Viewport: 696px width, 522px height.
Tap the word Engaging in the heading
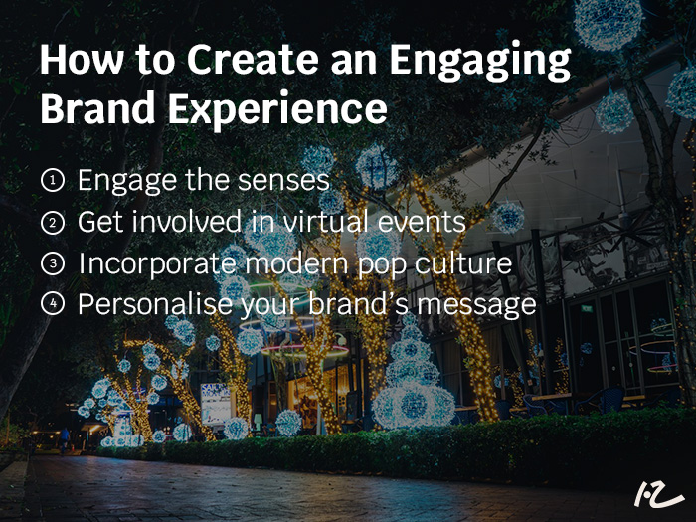[480, 63]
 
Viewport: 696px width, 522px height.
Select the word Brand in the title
[97, 107]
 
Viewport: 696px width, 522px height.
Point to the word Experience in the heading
[277, 110]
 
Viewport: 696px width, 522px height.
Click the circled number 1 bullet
[53, 181]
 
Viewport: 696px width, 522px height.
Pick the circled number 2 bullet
[53, 223]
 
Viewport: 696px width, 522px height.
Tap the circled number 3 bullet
[53, 263]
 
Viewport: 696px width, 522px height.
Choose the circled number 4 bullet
[53, 303]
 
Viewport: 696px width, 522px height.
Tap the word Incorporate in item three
[157, 263]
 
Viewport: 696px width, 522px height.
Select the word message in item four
[476, 305]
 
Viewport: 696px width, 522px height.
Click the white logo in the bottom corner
[658, 493]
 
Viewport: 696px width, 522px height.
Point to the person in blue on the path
[65, 439]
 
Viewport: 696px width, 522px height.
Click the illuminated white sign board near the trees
[216, 404]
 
